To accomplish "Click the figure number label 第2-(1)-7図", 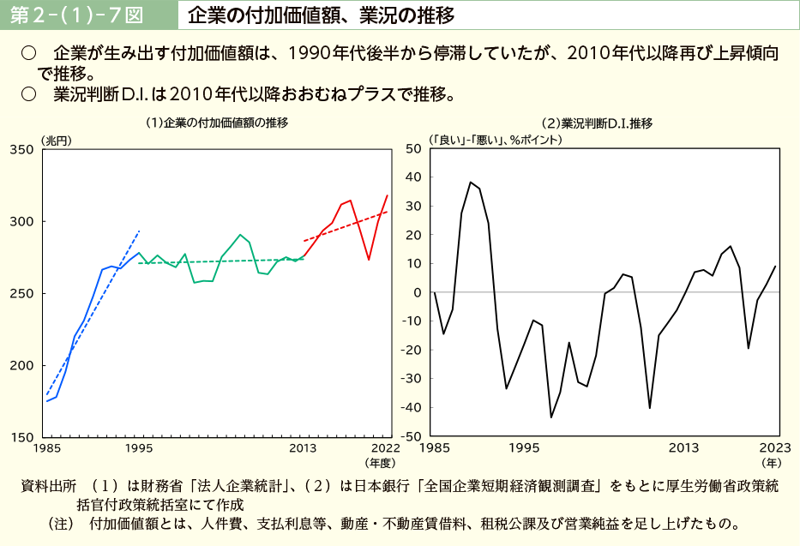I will [84, 15].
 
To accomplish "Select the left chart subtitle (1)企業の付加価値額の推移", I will [216, 123].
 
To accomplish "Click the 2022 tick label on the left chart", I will [386, 447].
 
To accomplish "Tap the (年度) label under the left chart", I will [379, 462].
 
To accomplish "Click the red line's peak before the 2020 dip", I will [350, 201].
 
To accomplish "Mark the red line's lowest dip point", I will [369, 260].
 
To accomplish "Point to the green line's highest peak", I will [241, 234].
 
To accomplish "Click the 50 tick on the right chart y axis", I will [413, 149].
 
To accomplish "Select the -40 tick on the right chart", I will [411, 408].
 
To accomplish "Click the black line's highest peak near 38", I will [470, 182].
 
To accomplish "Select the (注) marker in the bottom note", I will [63, 522].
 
